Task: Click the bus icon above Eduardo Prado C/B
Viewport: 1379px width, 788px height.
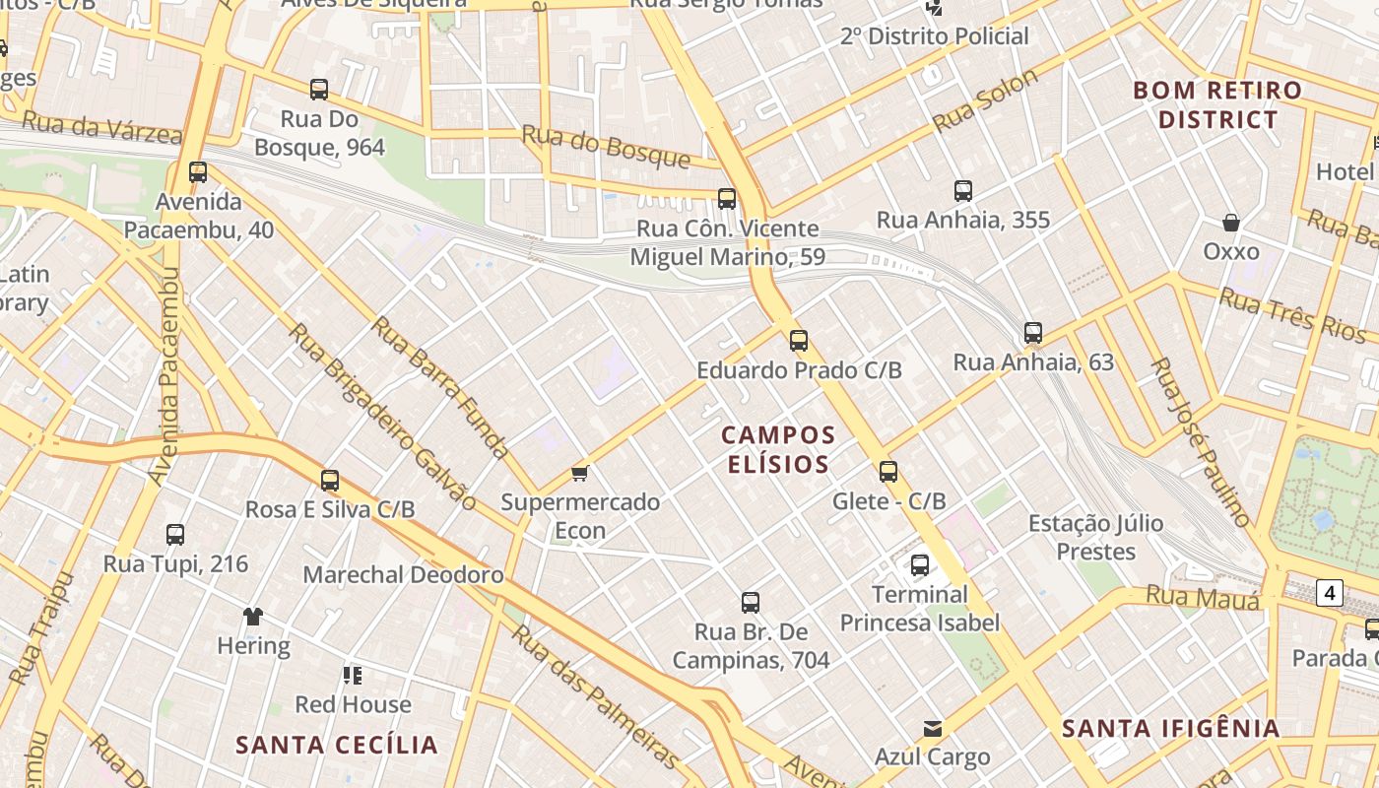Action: pyautogui.click(x=799, y=341)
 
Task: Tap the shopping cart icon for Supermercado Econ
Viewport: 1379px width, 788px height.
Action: pyautogui.click(x=580, y=474)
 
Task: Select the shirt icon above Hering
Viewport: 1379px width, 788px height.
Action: pyautogui.click(x=253, y=617)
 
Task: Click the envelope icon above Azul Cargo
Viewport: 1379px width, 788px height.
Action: pyautogui.click(x=932, y=729)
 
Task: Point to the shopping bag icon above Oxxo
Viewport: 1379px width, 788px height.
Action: pyautogui.click(x=1230, y=223)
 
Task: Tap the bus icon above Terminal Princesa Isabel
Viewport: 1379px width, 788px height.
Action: pyautogui.click(x=919, y=565)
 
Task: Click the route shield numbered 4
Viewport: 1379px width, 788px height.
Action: pyautogui.click(x=1330, y=593)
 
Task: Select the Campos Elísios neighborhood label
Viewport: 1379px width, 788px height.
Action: pyautogui.click(x=778, y=449)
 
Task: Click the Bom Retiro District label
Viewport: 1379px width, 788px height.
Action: pyautogui.click(x=1217, y=104)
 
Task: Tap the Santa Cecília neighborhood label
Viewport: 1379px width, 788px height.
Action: pyautogui.click(x=337, y=745)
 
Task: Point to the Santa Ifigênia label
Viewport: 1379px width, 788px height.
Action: pyautogui.click(x=1170, y=729)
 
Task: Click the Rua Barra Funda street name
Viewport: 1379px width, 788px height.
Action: pyautogui.click(x=440, y=388)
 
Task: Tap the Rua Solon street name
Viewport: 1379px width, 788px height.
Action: pyautogui.click(x=985, y=100)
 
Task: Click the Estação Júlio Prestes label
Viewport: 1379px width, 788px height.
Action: pyautogui.click(x=1095, y=537)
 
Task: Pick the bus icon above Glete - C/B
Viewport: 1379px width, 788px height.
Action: pyautogui.click(x=888, y=472)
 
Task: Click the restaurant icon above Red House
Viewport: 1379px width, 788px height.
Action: pyautogui.click(x=353, y=676)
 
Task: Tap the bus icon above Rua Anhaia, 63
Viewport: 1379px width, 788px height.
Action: pyautogui.click(x=1032, y=333)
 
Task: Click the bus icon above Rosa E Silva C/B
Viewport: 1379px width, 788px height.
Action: pyautogui.click(x=330, y=481)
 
